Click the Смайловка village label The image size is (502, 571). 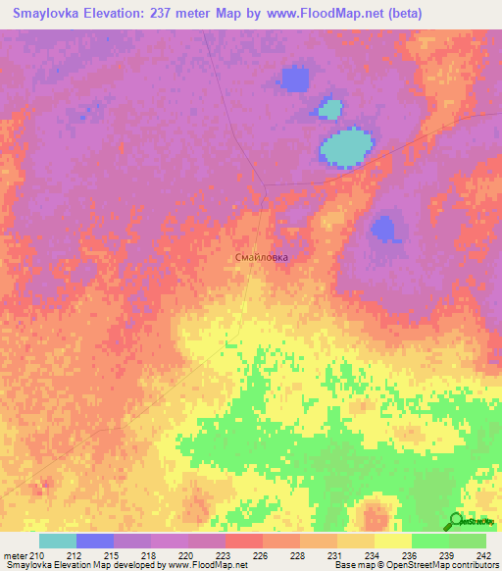tap(263, 257)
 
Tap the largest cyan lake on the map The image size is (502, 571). tap(346, 147)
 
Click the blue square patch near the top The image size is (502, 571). tap(293, 78)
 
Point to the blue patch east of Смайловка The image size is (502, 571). tap(385, 229)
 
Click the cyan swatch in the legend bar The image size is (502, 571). tap(58, 541)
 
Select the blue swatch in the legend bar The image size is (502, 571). tap(95, 541)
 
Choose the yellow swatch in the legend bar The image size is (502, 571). tap(392, 541)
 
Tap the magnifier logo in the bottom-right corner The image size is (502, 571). tap(457, 521)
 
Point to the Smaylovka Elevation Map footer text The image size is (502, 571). tap(59, 565)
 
